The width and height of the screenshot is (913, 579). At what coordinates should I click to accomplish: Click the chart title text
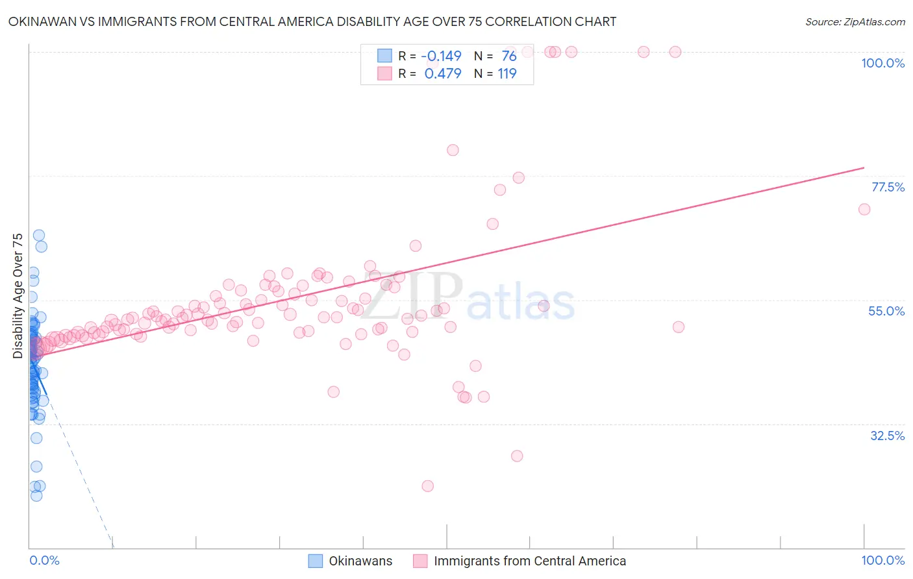click(x=312, y=21)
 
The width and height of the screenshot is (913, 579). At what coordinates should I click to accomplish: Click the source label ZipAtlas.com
click(x=855, y=21)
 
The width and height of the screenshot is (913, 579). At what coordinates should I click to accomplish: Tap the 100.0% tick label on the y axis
click(x=882, y=63)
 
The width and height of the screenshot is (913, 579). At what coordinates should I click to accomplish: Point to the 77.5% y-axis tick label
click(x=888, y=187)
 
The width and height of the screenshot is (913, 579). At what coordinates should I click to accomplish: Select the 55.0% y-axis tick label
click(x=886, y=311)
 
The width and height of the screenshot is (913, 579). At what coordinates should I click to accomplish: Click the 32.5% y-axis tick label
click(x=887, y=436)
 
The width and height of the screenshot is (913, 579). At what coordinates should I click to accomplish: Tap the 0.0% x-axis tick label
click(x=44, y=560)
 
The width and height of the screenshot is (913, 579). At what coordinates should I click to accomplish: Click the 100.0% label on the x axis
click(x=882, y=560)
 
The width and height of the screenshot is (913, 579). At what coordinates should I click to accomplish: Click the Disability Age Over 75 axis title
click(x=18, y=295)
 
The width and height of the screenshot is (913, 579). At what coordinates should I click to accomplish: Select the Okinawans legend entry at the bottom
click(x=360, y=561)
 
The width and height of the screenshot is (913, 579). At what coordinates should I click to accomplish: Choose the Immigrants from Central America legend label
click(x=530, y=561)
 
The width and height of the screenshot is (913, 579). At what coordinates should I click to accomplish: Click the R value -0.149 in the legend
click(x=441, y=56)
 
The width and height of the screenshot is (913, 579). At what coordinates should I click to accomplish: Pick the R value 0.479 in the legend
click(x=443, y=73)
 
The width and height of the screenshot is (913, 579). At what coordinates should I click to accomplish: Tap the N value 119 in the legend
click(x=507, y=73)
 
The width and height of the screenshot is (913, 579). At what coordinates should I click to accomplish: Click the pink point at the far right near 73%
click(x=864, y=209)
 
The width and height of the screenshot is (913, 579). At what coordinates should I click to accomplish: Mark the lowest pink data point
click(x=427, y=486)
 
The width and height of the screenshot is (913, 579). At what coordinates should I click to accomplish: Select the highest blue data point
click(x=39, y=235)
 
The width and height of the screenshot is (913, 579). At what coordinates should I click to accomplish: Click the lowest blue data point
click(x=36, y=495)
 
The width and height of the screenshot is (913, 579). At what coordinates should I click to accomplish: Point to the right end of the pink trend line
click(x=864, y=167)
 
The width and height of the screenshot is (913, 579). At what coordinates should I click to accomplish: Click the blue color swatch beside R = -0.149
click(x=384, y=56)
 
